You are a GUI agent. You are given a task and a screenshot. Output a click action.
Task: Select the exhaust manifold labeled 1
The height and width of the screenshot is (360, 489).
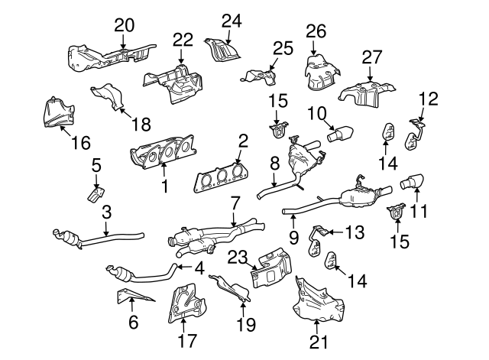[x=164, y=155]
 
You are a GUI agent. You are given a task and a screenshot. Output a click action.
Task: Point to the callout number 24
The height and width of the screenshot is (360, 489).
[x=232, y=20]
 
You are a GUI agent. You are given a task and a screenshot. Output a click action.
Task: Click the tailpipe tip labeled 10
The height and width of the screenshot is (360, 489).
[x=337, y=136]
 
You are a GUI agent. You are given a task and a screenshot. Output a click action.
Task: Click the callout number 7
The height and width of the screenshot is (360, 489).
[x=235, y=203]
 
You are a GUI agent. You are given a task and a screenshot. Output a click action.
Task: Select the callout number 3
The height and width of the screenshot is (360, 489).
[x=107, y=212]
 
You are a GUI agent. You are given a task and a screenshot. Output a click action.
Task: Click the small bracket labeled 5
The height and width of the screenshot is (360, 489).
[x=93, y=193]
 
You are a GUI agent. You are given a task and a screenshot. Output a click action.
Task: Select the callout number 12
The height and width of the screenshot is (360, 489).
[x=429, y=98]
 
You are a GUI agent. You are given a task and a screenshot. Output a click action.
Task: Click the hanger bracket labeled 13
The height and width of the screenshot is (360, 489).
[x=322, y=230]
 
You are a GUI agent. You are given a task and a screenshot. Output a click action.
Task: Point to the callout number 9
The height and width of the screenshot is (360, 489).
[x=293, y=238]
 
